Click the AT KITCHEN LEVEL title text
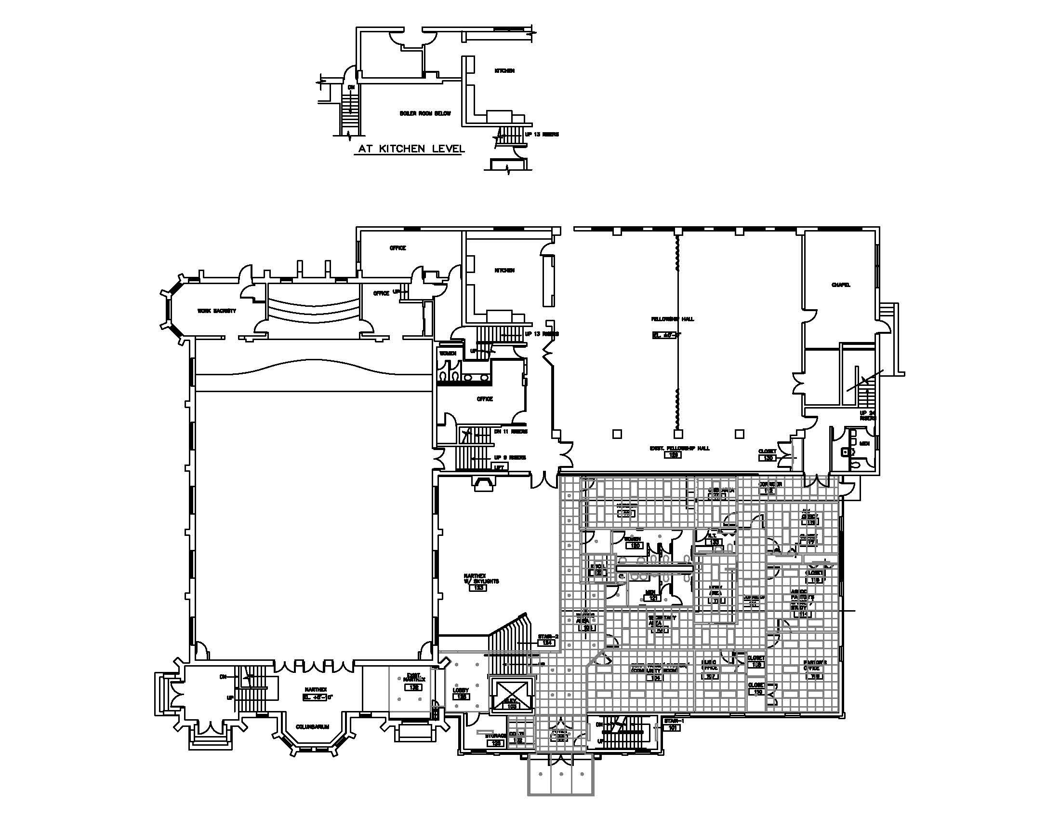(410, 149)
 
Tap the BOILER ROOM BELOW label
(425, 113)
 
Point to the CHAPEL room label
(841, 285)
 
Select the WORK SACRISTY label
(216, 311)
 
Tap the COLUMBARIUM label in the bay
(313, 727)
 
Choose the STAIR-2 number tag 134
(547, 642)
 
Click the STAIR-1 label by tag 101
(673, 721)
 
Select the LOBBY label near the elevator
(461, 690)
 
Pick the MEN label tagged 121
(651, 593)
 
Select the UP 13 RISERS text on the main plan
(542, 334)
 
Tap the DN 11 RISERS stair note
(511, 431)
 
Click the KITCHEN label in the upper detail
(504, 71)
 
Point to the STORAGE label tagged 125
(495, 736)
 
